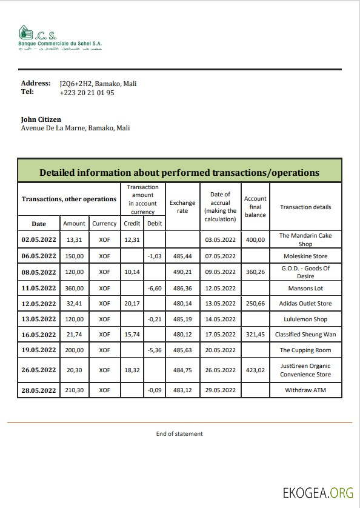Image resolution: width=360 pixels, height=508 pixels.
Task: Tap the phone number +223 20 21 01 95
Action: coord(87,93)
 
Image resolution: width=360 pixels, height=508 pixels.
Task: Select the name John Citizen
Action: coord(41,119)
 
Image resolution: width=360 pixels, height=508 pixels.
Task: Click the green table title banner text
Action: coord(179,172)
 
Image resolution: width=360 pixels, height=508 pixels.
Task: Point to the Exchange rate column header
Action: coord(182,207)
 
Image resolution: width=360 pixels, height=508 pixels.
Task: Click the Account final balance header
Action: coord(255,207)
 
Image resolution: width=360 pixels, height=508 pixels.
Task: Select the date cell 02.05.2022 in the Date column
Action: coord(39,240)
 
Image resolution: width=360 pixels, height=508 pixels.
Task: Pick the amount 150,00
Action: coord(75,256)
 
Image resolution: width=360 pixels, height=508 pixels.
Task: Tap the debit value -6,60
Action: coord(154,288)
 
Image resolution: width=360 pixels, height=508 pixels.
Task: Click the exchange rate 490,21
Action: coord(182,272)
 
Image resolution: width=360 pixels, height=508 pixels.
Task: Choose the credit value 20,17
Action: coord(132,304)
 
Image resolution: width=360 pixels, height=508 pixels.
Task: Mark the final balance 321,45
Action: coord(255,335)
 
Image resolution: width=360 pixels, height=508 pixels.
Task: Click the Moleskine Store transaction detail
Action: coord(305,256)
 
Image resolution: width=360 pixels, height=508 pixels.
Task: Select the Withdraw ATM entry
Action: coord(305,390)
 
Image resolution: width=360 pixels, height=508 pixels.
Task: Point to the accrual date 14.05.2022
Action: coord(220,319)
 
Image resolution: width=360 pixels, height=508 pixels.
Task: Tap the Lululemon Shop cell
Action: coord(305,319)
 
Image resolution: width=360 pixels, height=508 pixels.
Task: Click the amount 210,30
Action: coord(75,390)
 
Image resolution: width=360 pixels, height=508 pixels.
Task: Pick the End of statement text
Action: coord(179,433)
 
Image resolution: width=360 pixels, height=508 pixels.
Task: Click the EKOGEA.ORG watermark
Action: coord(318,492)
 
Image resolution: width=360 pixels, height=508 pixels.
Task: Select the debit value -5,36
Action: coord(154,350)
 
